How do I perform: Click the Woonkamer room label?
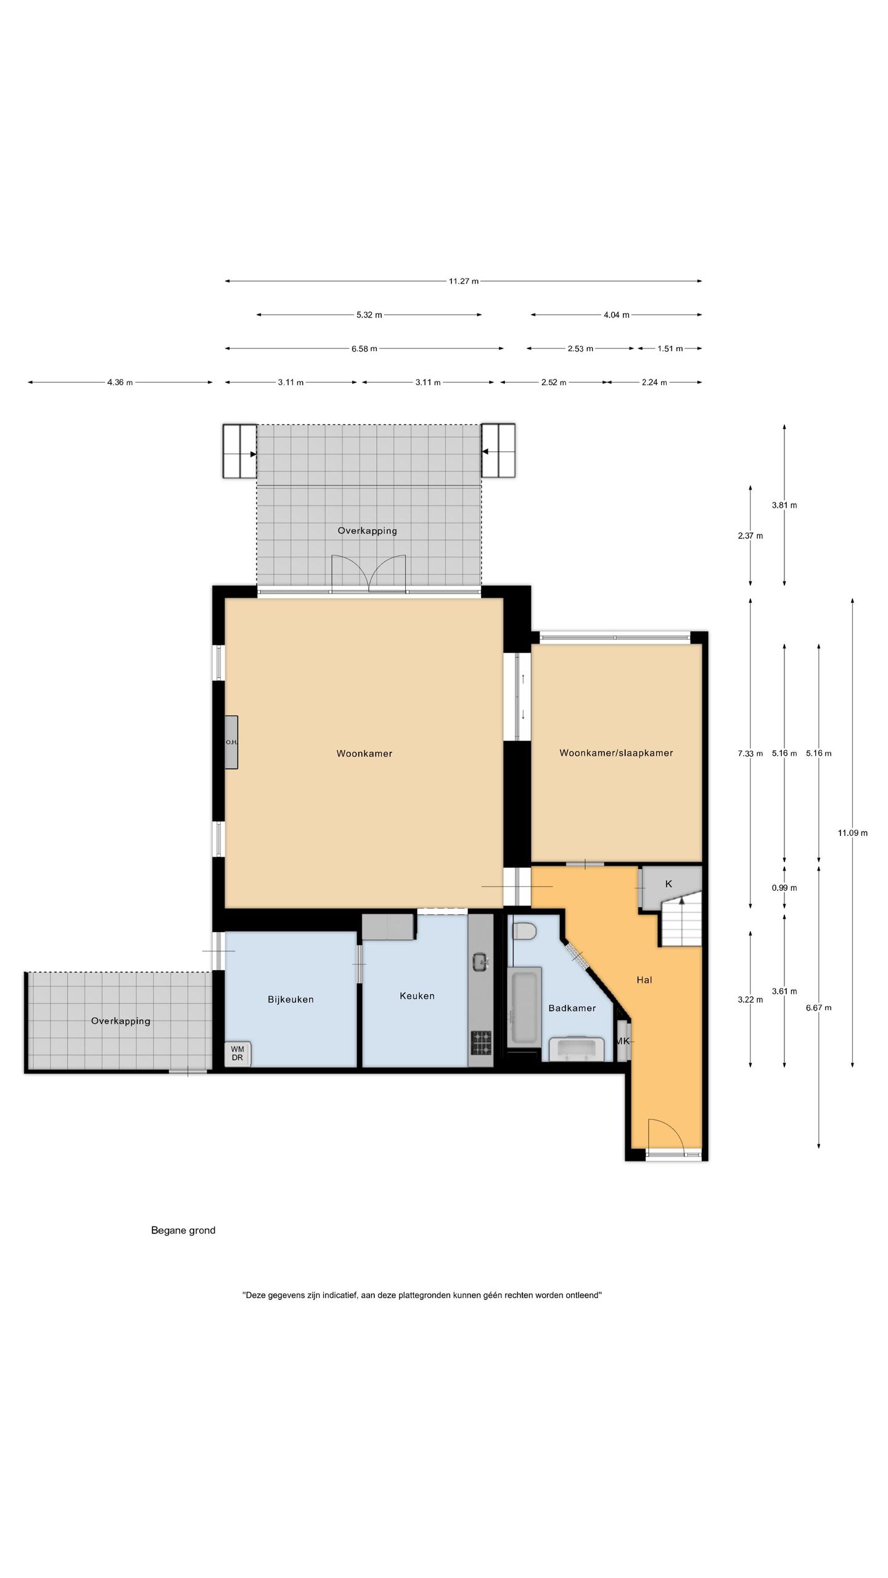coord(364,753)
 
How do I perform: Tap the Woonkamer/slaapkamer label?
coord(616,753)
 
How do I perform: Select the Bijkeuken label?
coord(290,1000)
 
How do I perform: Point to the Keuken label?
coord(417,995)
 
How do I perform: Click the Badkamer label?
coord(572,1008)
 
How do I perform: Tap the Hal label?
coord(644,979)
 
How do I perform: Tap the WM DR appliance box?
coord(237,1053)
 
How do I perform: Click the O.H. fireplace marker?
coord(231,742)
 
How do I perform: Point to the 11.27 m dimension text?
coord(464,281)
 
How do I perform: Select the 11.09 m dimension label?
coord(852,833)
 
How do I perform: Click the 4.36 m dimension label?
coord(120,382)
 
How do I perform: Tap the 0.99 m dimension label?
coord(784,888)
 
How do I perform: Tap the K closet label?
coord(668,884)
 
